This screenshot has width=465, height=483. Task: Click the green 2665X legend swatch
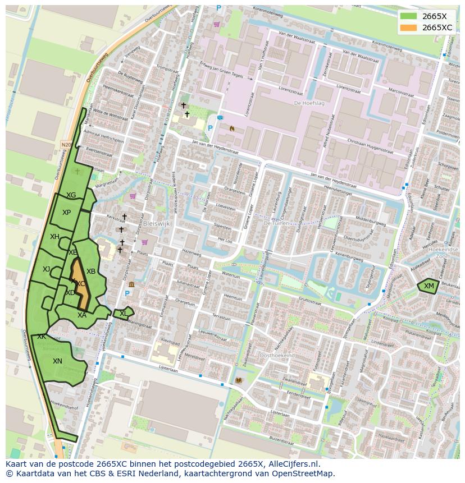click(408, 16)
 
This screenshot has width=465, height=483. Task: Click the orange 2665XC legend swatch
click(408, 27)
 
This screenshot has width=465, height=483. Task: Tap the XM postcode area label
click(429, 286)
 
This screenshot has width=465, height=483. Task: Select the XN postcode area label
click(57, 361)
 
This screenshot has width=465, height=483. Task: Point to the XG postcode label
click(71, 195)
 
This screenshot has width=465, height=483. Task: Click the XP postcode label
click(66, 213)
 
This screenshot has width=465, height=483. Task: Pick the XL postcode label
click(123, 314)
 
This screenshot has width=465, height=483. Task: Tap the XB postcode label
click(90, 272)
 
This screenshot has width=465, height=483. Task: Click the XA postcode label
click(82, 315)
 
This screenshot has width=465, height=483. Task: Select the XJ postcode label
click(46, 269)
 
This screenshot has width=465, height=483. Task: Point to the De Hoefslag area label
click(306, 103)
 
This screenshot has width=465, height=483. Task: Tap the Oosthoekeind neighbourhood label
click(277, 356)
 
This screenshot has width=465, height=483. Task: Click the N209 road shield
click(66, 145)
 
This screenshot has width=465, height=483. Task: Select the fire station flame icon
click(231, 128)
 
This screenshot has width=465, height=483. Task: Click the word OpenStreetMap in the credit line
click(305, 474)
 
